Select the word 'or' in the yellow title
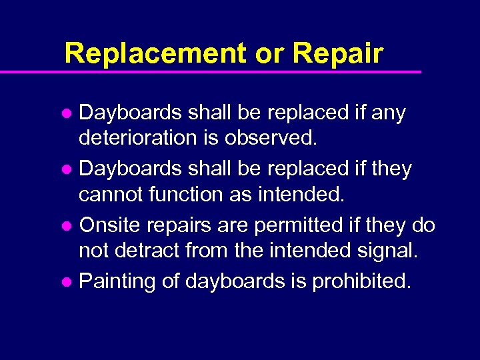click(269, 53)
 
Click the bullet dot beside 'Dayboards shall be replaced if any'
click(69, 114)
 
